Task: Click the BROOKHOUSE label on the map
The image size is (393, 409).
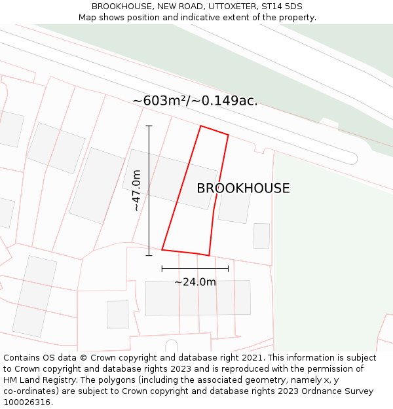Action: click(x=243, y=188)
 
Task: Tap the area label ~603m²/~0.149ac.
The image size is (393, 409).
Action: click(x=195, y=101)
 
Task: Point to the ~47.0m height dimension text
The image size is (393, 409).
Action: click(x=136, y=190)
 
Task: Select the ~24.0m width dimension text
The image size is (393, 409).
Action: click(x=195, y=282)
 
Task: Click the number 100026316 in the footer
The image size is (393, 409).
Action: click(x=26, y=402)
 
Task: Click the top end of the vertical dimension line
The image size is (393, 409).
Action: click(x=149, y=126)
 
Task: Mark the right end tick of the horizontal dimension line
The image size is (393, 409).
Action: click(x=228, y=268)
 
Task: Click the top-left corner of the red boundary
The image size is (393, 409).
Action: click(x=200, y=126)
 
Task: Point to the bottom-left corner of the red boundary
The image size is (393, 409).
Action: click(x=162, y=249)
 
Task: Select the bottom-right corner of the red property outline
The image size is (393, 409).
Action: click(x=209, y=255)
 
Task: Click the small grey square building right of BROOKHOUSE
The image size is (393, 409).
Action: click(x=261, y=236)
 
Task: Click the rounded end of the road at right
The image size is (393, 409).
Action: click(x=352, y=158)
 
